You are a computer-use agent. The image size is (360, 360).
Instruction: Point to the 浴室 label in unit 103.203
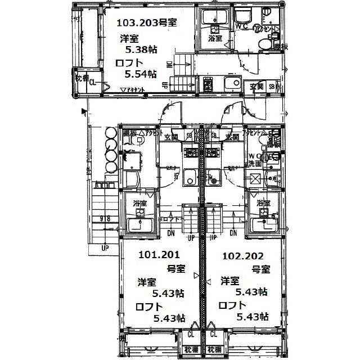[x=215, y=39]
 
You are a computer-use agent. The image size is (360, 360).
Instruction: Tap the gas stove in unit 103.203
[x=208, y=85]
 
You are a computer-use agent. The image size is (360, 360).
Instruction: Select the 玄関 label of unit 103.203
[x=257, y=87]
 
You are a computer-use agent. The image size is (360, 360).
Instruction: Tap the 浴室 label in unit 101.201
[x=140, y=203]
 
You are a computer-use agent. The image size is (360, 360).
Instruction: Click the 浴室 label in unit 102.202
[x=263, y=203]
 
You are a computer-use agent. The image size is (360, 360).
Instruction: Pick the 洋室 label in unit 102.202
[x=230, y=280]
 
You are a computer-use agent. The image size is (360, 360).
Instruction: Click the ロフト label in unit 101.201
[x=147, y=306]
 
